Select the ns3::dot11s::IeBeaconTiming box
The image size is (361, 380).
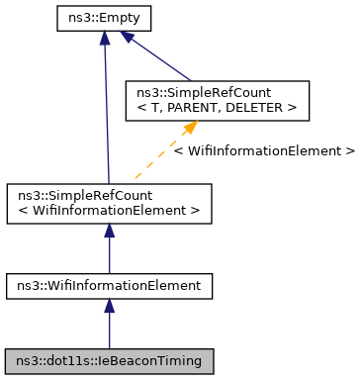pos(109,360)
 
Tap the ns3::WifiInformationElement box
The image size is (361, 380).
pos(109,286)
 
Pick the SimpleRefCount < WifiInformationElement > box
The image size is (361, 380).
pos(109,201)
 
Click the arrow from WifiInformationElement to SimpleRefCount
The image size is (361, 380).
pos(109,251)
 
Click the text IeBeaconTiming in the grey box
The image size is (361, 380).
pos(151,360)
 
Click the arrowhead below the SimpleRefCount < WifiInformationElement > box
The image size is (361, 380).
pos(109,230)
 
